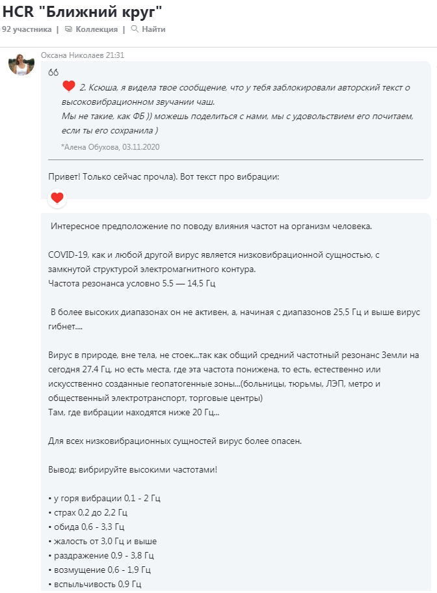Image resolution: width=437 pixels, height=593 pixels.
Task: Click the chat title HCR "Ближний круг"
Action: point(82,12)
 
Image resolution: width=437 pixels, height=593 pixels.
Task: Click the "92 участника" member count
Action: point(27,29)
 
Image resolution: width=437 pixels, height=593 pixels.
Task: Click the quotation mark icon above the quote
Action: point(53,72)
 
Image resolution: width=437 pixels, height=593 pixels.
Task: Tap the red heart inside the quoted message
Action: point(69,87)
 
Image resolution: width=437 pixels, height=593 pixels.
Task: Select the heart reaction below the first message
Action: point(57,198)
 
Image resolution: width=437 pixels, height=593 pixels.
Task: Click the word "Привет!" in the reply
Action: point(64,176)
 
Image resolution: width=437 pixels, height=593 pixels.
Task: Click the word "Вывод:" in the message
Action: point(62,469)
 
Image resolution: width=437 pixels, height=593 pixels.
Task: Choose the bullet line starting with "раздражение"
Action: point(101,555)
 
